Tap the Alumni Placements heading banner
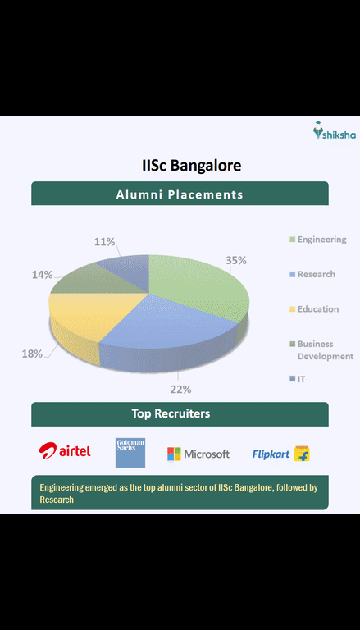tap(180, 194)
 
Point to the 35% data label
tap(236, 260)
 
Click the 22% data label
tap(180, 389)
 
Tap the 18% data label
tap(32, 354)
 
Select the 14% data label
tap(43, 275)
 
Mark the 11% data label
tap(104, 242)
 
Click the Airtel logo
tap(65, 451)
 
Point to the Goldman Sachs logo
tap(130, 452)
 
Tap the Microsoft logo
tap(198, 454)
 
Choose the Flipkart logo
tap(280, 454)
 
